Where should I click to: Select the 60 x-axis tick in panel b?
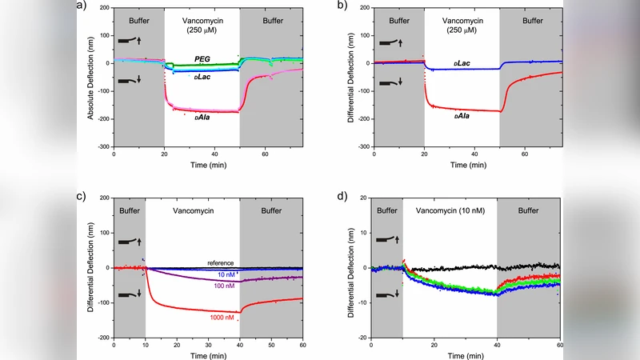point(526,153)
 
